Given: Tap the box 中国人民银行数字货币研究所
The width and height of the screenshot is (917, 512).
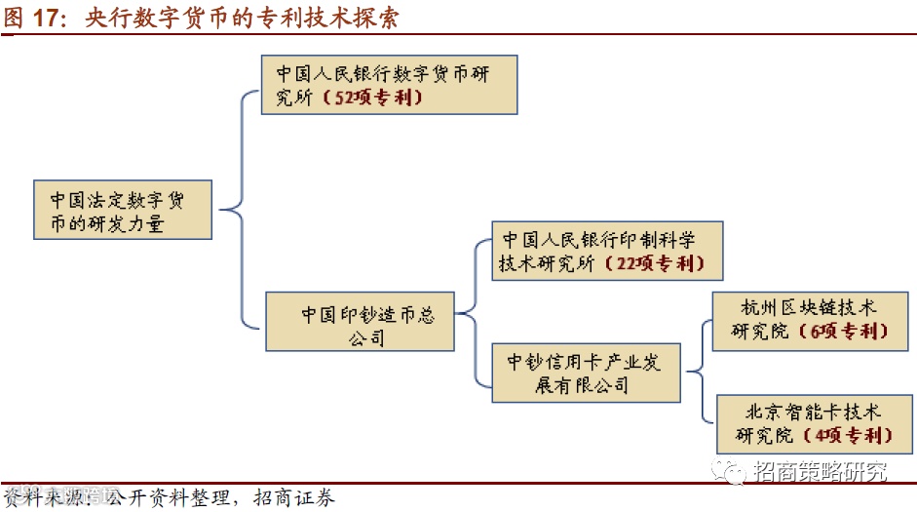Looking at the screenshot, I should pyautogui.click(x=389, y=85).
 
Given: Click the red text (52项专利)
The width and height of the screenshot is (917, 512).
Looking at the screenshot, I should pyautogui.click(x=372, y=98).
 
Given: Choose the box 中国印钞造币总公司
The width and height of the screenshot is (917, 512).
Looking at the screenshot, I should pyautogui.click(x=360, y=321).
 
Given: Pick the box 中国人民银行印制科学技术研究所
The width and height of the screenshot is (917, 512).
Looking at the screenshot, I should pyautogui.click(x=607, y=251).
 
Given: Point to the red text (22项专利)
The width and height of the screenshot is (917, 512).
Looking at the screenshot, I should pyautogui.click(x=652, y=264).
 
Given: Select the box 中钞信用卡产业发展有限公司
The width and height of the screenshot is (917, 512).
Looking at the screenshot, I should pyautogui.click(x=585, y=373).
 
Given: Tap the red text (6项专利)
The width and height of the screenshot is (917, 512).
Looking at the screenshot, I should pyautogui.click(x=840, y=332).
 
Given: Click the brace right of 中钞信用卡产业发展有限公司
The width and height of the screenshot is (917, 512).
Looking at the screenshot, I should pyautogui.click(x=697, y=371).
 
